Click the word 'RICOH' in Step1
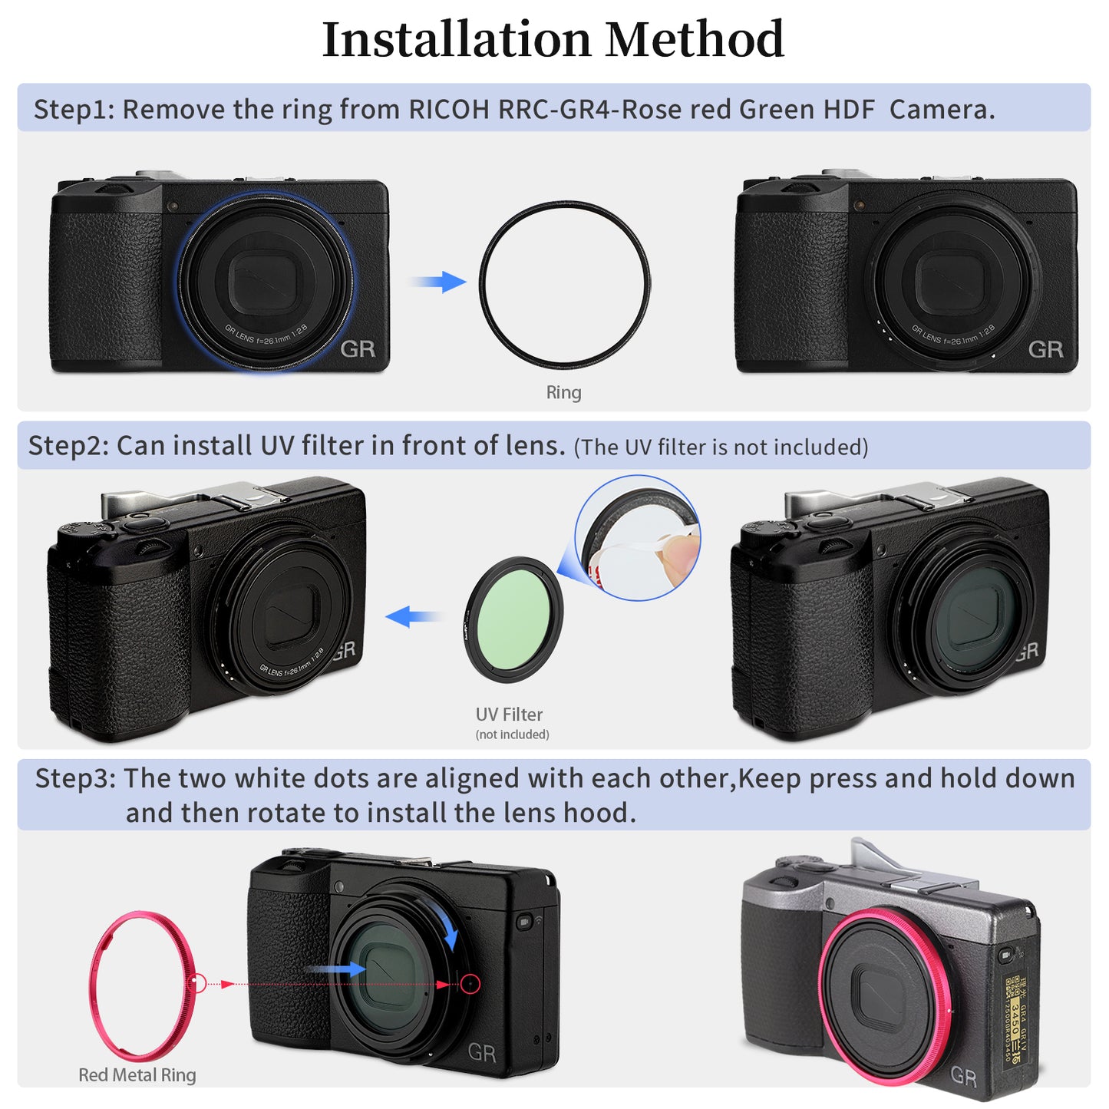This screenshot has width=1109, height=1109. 448,110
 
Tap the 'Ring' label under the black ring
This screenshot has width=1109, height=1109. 563,392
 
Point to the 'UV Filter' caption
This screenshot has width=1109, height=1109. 509,715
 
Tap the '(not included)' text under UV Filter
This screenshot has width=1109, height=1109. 512,734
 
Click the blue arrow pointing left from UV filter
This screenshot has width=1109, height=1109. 413,616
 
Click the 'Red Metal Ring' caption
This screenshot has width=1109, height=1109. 137,1075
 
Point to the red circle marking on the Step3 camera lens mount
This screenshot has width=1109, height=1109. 470,984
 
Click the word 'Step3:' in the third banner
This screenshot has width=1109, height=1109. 75,778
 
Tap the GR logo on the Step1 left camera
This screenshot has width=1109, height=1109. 358,349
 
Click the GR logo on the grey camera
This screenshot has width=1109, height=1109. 964,1076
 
